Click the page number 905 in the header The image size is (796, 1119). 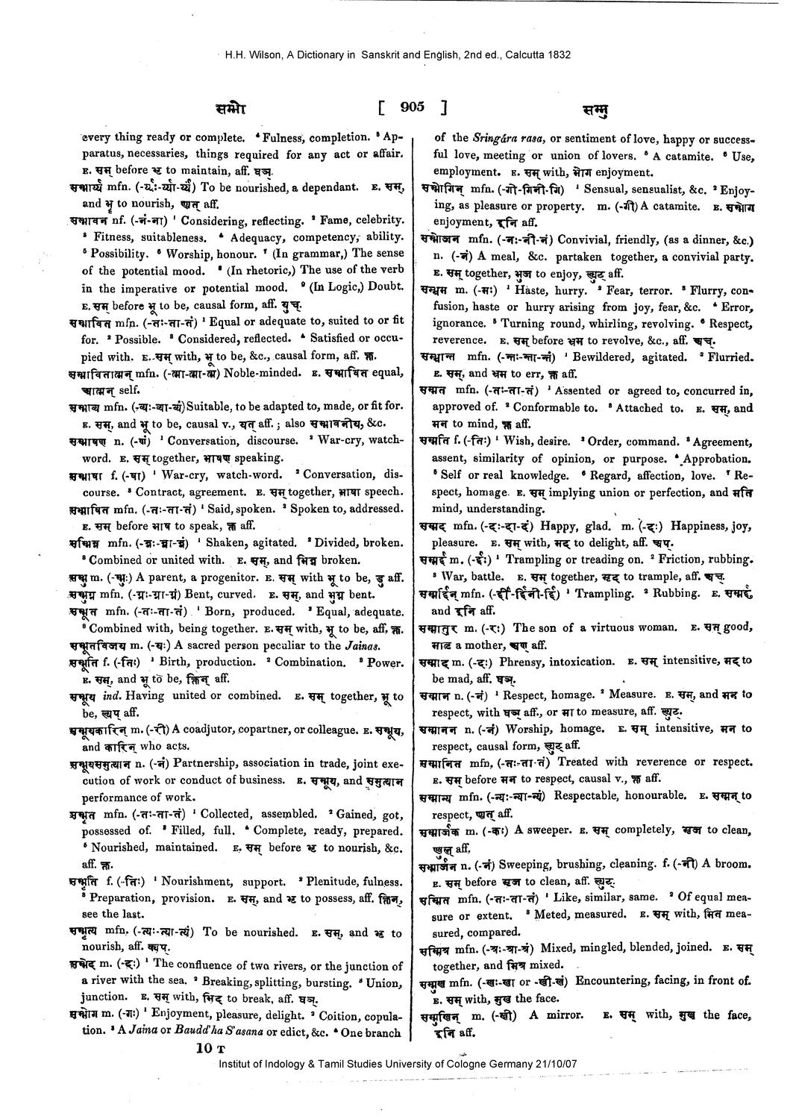point(411,107)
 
